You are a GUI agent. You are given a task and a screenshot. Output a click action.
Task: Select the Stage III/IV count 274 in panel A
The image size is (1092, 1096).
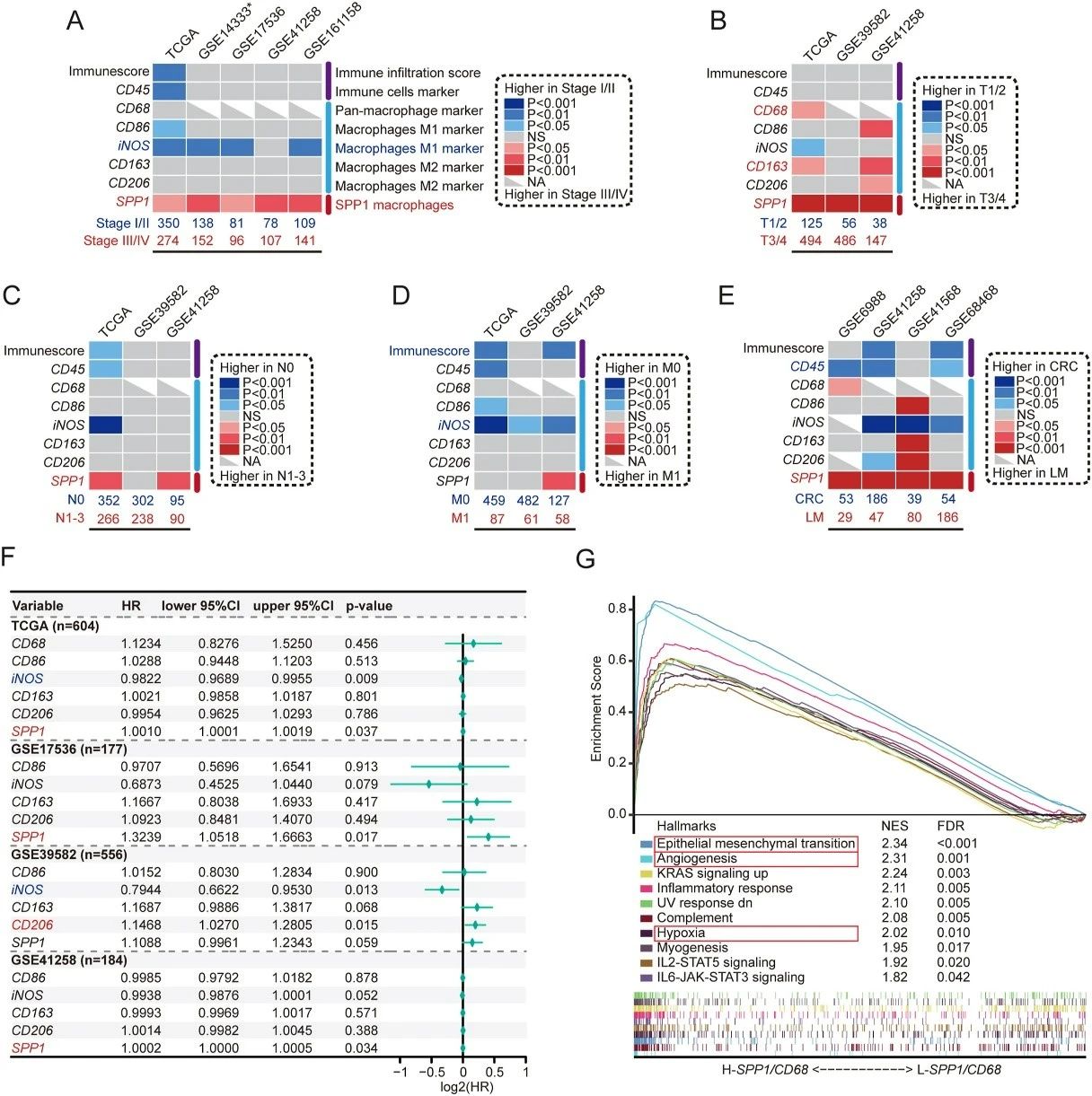tap(168, 241)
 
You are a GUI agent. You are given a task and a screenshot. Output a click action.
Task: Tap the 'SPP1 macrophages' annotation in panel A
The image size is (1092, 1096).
tap(394, 205)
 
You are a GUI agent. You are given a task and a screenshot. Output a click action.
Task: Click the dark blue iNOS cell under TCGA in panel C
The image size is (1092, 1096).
tap(106, 425)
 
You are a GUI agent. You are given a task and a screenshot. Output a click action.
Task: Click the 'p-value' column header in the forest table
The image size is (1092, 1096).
tap(368, 606)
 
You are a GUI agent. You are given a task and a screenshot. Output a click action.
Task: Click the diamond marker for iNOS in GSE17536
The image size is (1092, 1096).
tap(429, 784)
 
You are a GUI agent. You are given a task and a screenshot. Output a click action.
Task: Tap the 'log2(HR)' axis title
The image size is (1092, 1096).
tap(462, 1087)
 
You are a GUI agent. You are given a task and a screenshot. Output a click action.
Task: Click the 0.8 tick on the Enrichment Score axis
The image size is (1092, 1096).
tap(616, 609)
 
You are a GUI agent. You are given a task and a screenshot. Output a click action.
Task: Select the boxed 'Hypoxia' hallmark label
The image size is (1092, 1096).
tap(681, 933)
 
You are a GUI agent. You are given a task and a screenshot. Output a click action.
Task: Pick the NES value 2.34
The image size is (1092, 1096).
tap(894, 844)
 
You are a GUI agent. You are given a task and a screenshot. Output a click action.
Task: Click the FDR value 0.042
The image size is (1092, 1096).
tap(953, 977)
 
